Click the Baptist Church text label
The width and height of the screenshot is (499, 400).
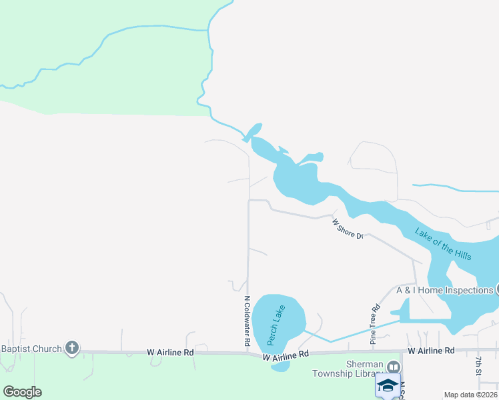point(31,348)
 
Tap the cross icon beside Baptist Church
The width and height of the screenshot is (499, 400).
point(72,348)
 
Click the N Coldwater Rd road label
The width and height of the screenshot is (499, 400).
point(247,321)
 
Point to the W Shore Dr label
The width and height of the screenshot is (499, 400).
point(348,230)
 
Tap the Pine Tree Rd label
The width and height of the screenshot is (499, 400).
point(375,325)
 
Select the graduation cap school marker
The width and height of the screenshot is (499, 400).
point(388,385)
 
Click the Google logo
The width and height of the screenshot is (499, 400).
point(22,391)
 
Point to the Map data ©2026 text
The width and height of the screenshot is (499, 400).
point(470,395)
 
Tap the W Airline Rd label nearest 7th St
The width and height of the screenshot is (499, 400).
point(431,350)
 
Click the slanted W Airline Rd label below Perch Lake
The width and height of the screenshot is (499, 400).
point(286,357)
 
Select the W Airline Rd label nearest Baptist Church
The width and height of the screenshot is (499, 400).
point(170,352)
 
